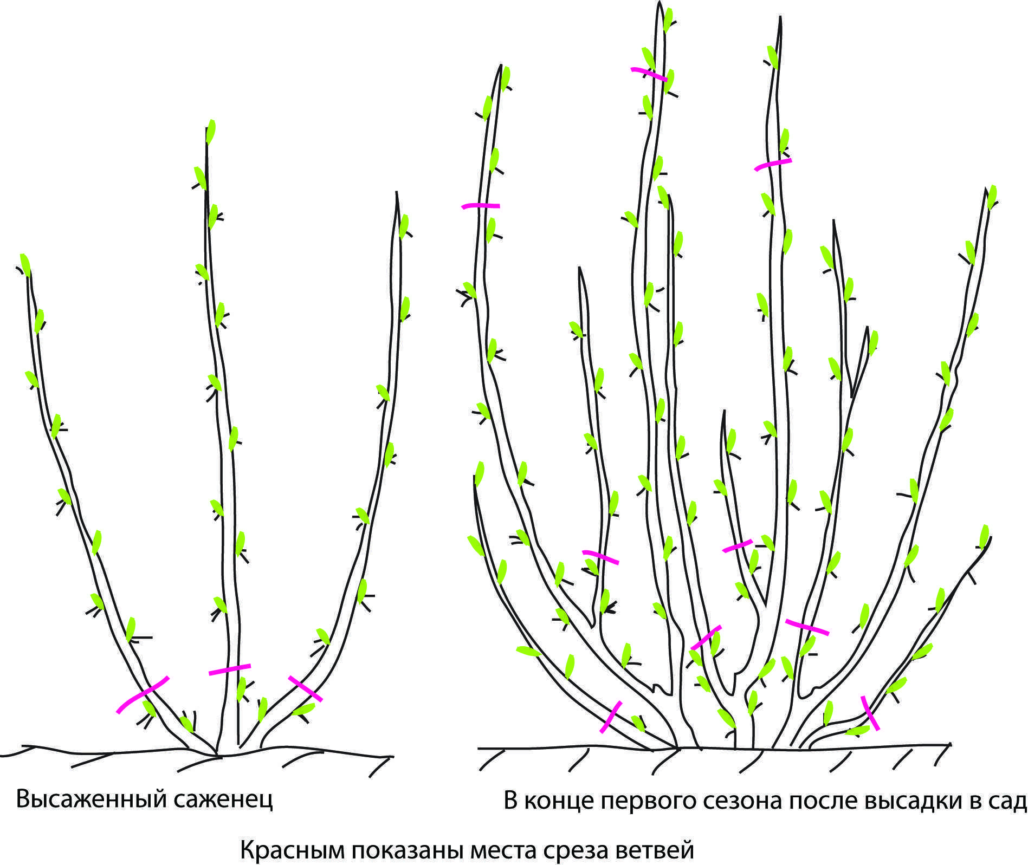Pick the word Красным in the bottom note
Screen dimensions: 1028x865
point(293,850)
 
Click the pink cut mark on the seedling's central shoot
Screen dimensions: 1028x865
point(230,669)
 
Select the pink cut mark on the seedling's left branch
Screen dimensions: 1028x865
point(142,694)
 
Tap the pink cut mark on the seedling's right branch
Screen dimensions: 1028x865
point(306,688)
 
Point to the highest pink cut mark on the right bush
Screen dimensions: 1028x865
point(649,74)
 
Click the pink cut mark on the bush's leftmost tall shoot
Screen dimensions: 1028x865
point(481,206)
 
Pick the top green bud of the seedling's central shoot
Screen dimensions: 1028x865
point(211,132)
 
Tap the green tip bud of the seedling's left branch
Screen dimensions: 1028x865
point(25,265)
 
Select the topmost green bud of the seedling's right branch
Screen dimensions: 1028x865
point(404,226)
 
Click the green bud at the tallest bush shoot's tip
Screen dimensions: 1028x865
point(668,21)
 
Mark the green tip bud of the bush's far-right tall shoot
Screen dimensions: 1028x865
point(992,197)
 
